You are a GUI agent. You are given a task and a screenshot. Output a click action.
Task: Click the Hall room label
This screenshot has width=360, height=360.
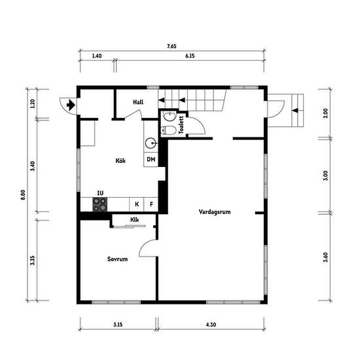[x=138, y=102]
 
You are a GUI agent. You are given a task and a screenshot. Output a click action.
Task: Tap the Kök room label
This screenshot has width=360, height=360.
[x=120, y=161]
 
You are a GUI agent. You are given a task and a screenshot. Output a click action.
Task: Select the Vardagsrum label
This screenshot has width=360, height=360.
[x=215, y=211]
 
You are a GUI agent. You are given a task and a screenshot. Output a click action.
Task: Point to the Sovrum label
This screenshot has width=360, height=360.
[x=117, y=259]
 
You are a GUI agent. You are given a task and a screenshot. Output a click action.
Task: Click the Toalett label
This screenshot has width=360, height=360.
[x=181, y=124]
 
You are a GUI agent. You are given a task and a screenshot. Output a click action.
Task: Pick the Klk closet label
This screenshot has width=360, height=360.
[x=135, y=220]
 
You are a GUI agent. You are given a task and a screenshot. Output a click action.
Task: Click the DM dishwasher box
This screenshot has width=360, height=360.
[x=151, y=159]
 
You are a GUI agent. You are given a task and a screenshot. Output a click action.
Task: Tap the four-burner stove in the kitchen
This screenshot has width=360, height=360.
[x=100, y=204]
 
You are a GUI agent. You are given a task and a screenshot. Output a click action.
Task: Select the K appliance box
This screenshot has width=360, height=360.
[x=137, y=204]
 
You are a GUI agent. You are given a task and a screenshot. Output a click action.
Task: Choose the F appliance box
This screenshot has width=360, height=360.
[x=151, y=204]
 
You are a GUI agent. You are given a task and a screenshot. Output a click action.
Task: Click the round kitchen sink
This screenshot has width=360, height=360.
[x=151, y=143]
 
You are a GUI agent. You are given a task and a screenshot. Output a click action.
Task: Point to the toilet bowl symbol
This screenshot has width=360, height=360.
[x=168, y=130]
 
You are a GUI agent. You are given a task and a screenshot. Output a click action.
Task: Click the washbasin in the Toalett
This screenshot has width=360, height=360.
[x=170, y=115]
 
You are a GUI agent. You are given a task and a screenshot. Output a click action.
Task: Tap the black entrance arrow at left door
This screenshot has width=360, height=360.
[x=71, y=105]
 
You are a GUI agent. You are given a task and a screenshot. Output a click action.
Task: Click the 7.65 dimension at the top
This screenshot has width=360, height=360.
[x=171, y=46]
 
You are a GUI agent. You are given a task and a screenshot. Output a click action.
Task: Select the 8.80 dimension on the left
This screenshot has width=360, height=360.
[x=23, y=194]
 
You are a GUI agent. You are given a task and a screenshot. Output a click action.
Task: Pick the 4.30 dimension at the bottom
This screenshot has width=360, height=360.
[x=211, y=325]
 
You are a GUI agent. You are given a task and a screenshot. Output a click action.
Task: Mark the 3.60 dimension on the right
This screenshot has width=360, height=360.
[x=325, y=257]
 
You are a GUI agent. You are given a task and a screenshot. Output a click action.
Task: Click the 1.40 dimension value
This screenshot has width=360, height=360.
[x=97, y=56]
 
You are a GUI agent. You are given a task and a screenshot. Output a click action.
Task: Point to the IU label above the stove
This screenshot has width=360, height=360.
[x=100, y=193]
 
